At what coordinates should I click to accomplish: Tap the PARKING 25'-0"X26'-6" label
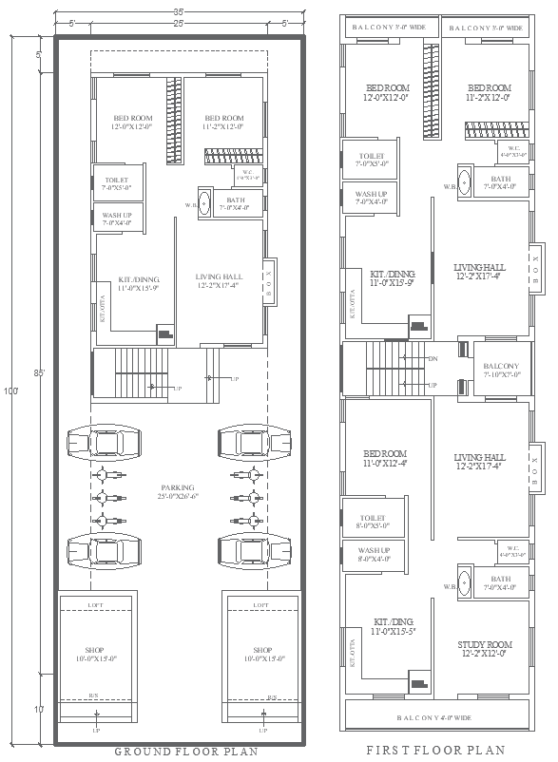pyautogui.click(x=179, y=492)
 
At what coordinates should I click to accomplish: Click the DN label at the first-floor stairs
pyautogui.click(x=433, y=359)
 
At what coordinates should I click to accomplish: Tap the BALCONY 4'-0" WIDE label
pyautogui.click(x=435, y=717)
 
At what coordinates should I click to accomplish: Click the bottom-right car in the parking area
pyautogui.click(x=251, y=549)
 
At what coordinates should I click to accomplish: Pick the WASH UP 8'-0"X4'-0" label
pyautogui.click(x=374, y=554)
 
